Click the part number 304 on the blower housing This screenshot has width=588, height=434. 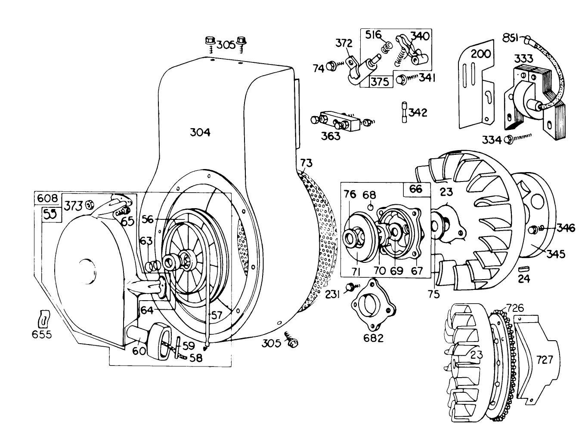pos(200,132)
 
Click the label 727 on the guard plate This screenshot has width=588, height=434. pos(544,359)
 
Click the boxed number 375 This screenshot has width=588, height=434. pos(381,81)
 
